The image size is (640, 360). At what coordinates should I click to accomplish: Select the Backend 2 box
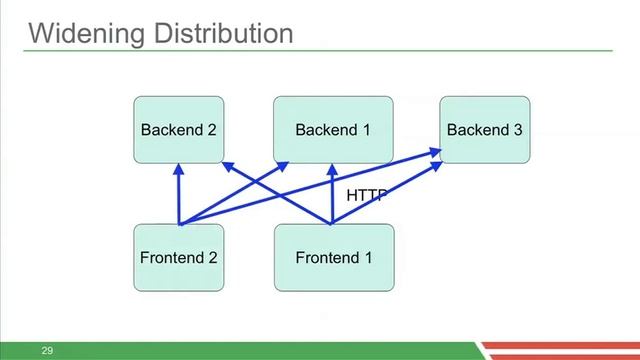[178, 130]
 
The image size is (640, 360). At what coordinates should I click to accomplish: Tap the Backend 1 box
[333, 130]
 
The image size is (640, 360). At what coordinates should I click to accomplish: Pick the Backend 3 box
[484, 130]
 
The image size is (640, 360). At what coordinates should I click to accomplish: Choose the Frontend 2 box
[178, 257]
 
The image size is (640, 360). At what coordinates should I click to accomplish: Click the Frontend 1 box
[333, 257]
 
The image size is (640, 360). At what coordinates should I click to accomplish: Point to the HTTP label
[365, 195]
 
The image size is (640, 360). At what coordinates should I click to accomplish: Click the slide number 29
[46, 351]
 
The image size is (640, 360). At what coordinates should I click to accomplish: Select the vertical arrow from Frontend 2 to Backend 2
[178, 195]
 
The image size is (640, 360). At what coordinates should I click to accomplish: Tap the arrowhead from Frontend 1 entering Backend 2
[227, 166]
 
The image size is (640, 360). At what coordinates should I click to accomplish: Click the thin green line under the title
[320, 50]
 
